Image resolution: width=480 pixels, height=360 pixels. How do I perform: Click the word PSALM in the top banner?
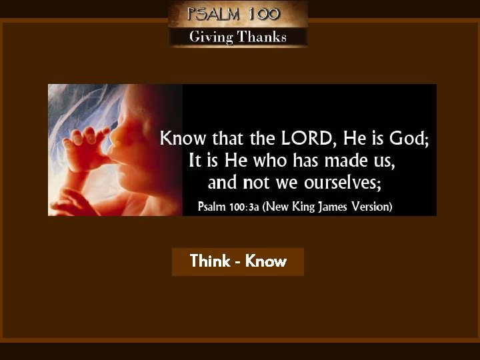pos(212,13)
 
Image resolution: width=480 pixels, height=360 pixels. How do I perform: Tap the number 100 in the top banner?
pos(263,13)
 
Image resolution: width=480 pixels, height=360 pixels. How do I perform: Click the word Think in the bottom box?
pos(209,261)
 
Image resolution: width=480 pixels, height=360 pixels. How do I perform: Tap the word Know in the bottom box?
pos(266,261)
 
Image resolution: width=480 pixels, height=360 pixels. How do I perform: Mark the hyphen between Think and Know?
pos(237,262)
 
